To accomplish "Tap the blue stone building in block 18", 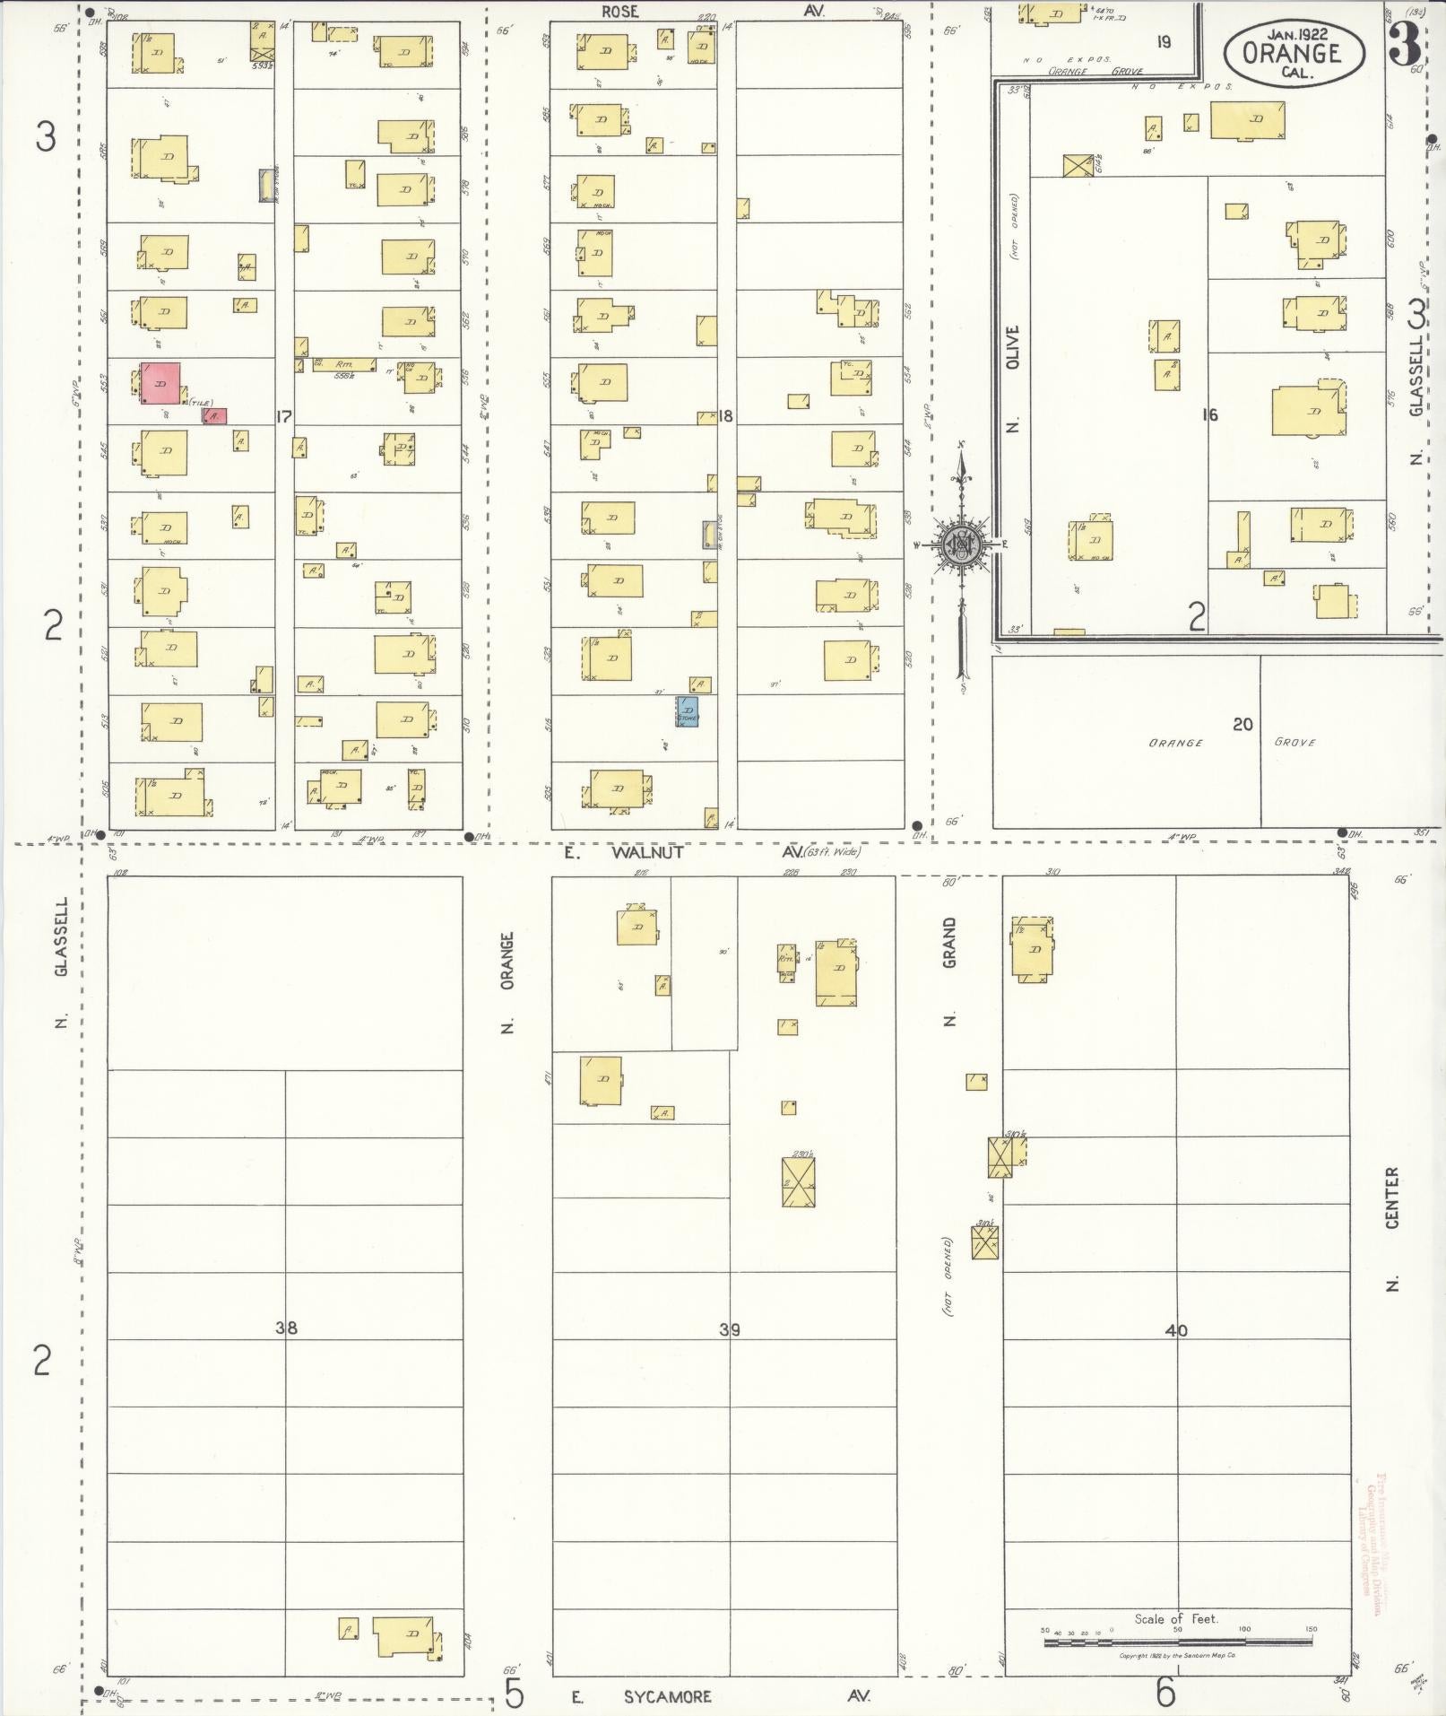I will [x=688, y=711].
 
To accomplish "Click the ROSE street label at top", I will [x=619, y=11].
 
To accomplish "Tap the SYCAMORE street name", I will [x=668, y=1696].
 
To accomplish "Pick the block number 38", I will [x=286, y=1328].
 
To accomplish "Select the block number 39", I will [x=730, y=1329].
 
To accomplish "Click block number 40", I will [x=1175, y=1330].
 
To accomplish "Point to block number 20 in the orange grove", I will [x=1243, y=724].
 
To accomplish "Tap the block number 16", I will [x=1210, y=414].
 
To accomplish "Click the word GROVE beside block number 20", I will [x=1294, y=742].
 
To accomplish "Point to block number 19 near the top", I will [x=1164, y=41].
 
